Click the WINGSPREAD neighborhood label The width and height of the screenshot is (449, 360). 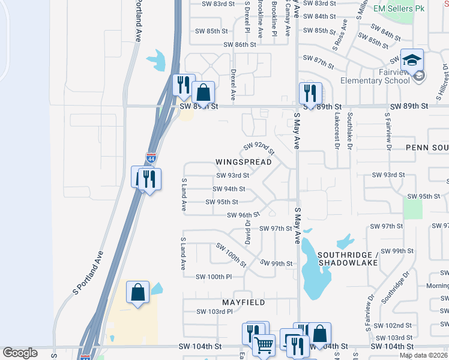point(244,162)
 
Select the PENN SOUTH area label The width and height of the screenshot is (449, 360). point(427,147)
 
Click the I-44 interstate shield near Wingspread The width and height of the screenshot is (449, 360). point(151,158)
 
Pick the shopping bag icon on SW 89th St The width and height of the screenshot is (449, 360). point(203,93)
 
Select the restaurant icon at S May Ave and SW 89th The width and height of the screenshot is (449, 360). point(310,93)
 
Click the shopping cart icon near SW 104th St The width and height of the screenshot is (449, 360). point(264,346)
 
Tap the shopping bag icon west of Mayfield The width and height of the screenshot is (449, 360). point(138,293)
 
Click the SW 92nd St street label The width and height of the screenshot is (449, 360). point(259,147)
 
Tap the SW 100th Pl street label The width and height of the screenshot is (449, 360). point(213,277)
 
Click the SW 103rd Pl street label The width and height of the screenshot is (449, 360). point(214,311)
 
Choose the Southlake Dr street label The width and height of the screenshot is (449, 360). point(349,131)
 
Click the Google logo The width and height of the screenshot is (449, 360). point(20,352)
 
